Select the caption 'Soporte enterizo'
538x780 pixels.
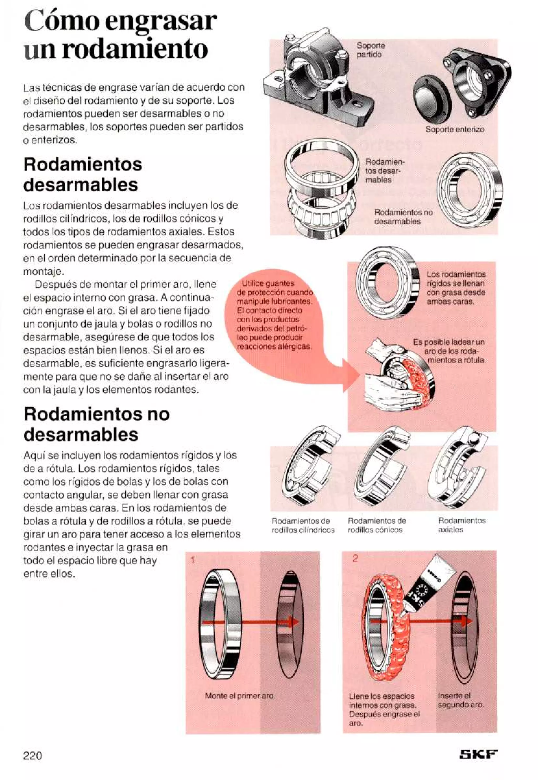pos(454,129)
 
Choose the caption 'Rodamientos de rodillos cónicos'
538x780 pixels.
pos(376,525)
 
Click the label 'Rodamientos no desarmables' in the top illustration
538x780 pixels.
pos(403,217)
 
